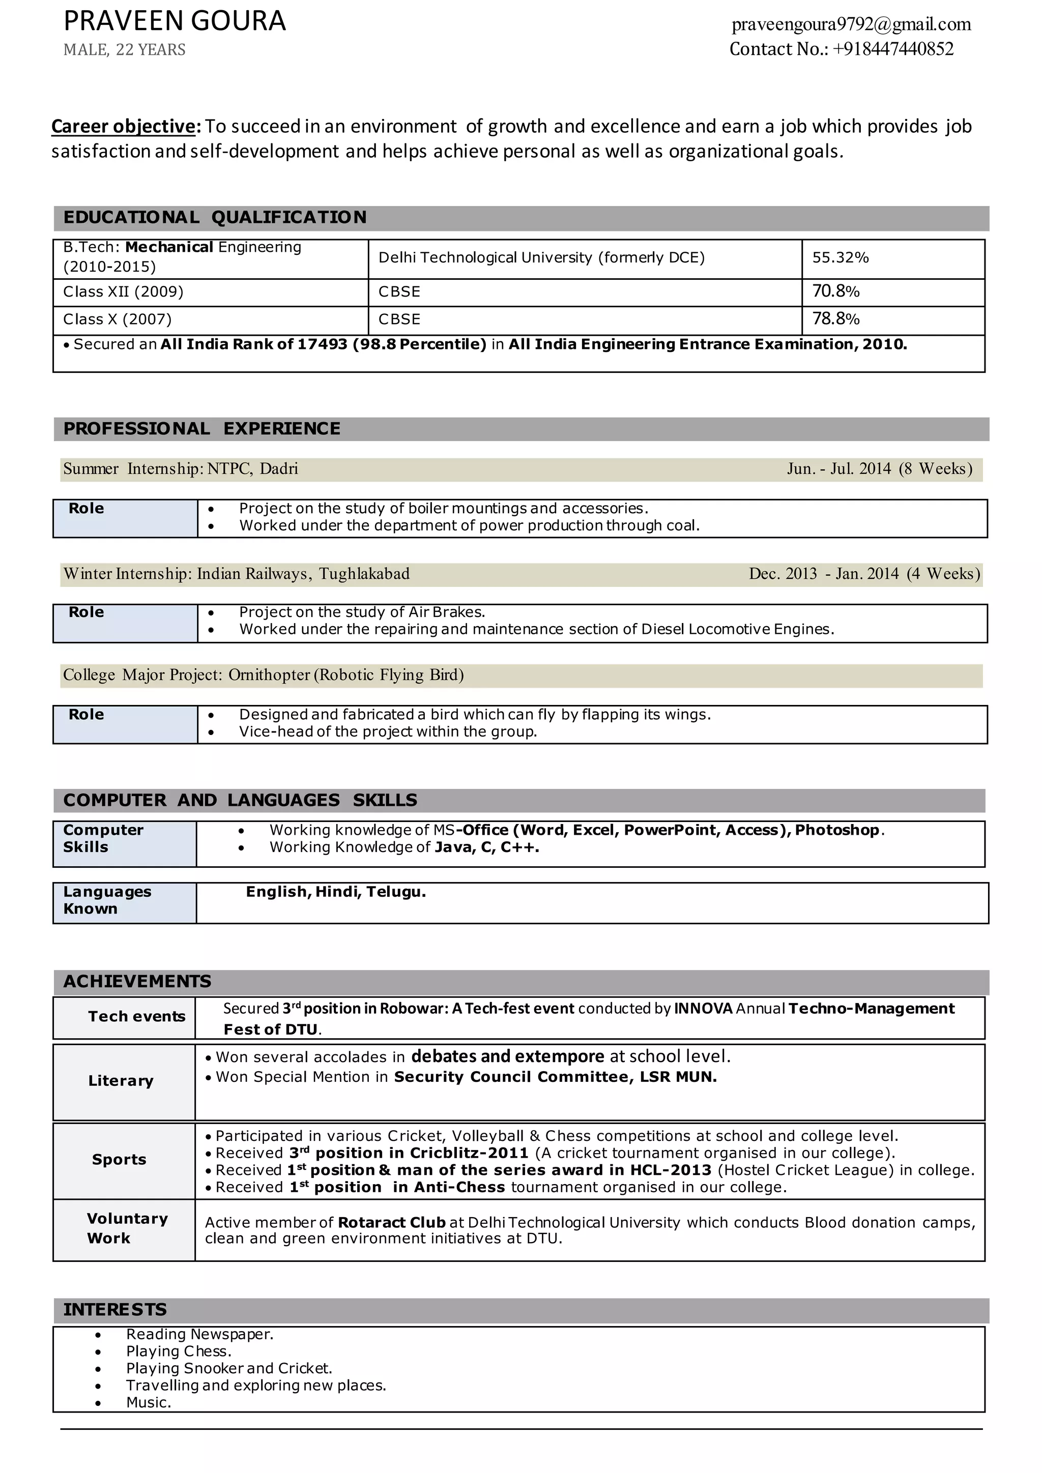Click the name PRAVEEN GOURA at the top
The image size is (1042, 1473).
(x=174, y=21)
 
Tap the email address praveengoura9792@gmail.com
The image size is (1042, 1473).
(x=851, y=24)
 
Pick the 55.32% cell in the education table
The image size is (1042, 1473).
(x=840, y=258)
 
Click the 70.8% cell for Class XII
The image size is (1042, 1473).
(x=835, y=291)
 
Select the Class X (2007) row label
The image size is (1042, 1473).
(x=118, y=319)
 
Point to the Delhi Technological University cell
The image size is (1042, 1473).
(x=541, y=258)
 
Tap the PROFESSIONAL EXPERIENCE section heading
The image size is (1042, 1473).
(x=201, y=429)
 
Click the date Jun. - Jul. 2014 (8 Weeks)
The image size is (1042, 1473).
(x=879, y=469)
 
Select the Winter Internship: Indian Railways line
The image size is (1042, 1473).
(x=236, y=574)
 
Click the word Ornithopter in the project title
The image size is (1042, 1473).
(x=269, y=675)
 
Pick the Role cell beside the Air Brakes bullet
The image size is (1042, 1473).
(x=86, y=613)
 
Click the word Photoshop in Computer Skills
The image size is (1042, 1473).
(x=836, y=830)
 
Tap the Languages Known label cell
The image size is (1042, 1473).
(x=107, y=900)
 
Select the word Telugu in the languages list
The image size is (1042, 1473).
(x=395, y=892)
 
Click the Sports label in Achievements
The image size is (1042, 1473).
(x=120, y=1159)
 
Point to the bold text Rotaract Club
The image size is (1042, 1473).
(x=391, y=1223)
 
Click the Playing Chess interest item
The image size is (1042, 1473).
(x=179, y=1351)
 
